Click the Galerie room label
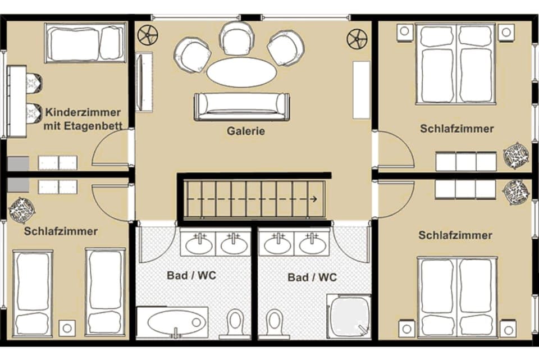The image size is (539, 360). pos(245,131)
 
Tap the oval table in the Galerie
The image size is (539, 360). pos(241,72)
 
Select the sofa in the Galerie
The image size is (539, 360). pos(242,106)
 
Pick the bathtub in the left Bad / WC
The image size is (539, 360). pos(172,323)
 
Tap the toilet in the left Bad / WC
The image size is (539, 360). pos(235,323)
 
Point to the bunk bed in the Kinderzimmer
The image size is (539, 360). pos(85,43)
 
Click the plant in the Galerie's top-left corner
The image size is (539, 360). pos(148,35)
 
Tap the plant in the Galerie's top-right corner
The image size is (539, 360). pos(357,39)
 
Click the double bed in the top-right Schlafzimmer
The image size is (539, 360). pos(456,64)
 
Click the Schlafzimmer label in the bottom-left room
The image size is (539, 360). pos(61,231)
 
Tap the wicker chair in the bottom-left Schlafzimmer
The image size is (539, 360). pos(21,209)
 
